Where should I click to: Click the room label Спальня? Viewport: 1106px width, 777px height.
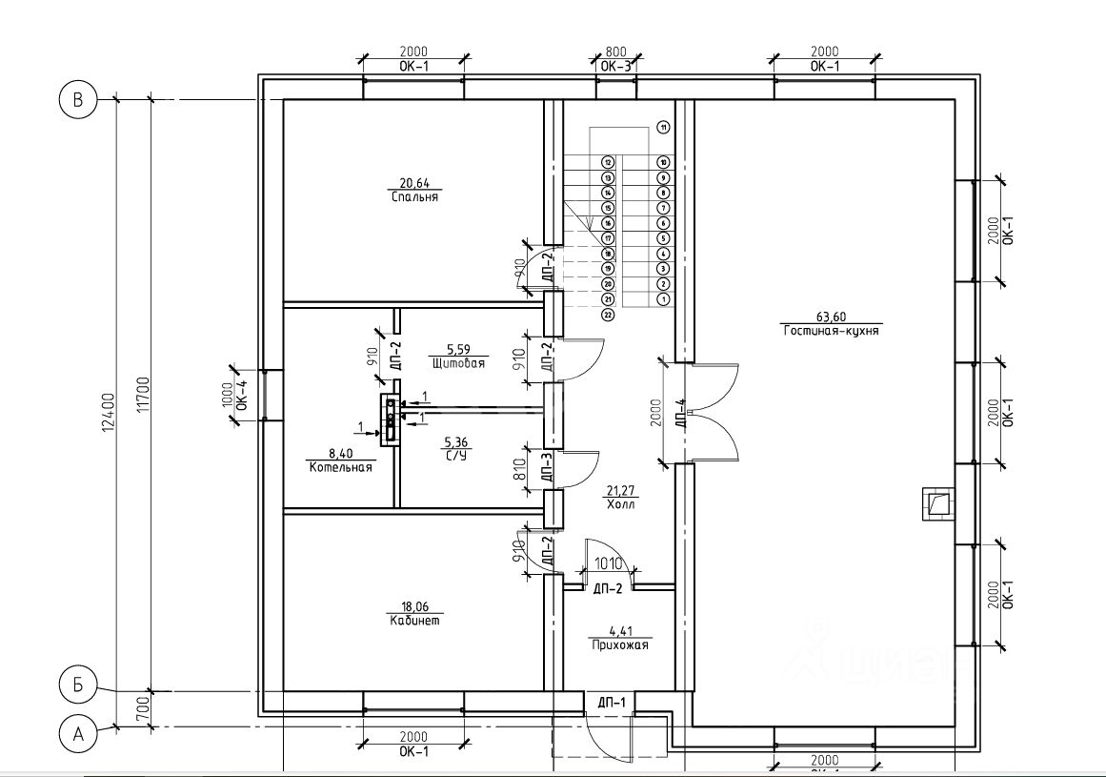[413, 197]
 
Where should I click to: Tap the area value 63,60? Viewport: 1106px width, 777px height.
[830, 317]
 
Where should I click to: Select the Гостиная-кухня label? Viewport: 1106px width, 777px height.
[831, 332]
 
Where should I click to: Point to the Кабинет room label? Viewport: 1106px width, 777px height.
[414, 620]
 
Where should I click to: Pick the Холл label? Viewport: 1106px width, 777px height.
[619, 505]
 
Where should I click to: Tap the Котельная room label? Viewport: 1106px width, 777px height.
[340, 468]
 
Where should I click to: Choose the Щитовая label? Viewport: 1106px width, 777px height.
[458, 364]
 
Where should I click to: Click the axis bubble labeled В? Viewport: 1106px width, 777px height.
[78, 99]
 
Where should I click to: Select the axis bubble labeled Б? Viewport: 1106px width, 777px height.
[78, 684]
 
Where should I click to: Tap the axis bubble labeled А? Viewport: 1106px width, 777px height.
[78, 734]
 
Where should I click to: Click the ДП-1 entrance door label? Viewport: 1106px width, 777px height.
[611, 704]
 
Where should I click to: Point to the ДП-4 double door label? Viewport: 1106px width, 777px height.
[681, 415]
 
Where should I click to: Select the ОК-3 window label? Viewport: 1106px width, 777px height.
[616, 67]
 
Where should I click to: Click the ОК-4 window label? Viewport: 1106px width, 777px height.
[241, 396]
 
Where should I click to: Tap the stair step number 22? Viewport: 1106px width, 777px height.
[607, 314]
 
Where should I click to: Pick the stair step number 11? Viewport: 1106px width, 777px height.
[663, 126]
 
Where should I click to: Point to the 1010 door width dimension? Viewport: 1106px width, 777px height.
[609, 562]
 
